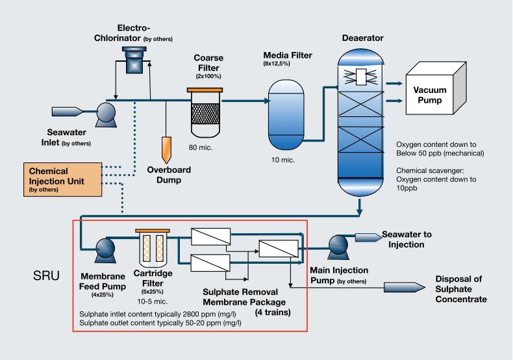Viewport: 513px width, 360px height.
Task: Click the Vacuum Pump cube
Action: pyautogui.click(x=436, y=88)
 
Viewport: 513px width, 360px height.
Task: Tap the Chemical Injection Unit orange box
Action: pyautogui.click(x=63, y=179)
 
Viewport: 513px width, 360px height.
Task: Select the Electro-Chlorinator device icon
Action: pyautogui.click(x=134, y=60)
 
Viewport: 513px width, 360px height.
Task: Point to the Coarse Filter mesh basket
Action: pyautogui.click(x=205, y=114)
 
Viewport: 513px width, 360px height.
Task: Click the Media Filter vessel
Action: pyautogui.click(x=286, y=114)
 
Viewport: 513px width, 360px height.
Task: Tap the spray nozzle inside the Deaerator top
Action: pyautogui.click(x=360, y=77)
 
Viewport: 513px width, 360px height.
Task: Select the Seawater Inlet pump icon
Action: pyautogui.click(x=106, y=114)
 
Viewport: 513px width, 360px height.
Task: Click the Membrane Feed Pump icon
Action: pyautogui.click(x=105, y=250)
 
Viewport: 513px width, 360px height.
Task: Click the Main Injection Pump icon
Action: pyautogui.click(x=338, y=245)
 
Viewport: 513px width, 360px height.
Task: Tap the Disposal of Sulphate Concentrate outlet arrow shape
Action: pyautogui.click(x=405, y=287)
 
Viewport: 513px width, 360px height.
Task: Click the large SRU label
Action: pyautogui.click(x=46, y=276)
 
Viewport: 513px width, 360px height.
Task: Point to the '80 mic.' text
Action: pyautogui.click(x=201, y=148)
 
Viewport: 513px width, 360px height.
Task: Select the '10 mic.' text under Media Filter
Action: pyautogui.click(x=283, y=160)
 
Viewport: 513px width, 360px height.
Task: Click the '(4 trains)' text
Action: pyautogui.click(x=273, y=312)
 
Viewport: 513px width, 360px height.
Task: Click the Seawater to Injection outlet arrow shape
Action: pyautogui.click(x=369, y=237)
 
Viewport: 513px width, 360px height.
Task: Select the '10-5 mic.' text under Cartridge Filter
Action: pyautogui.click(x=152, y=302)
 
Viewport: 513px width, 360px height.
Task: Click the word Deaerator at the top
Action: pyautogui.click(x=363, y=38)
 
